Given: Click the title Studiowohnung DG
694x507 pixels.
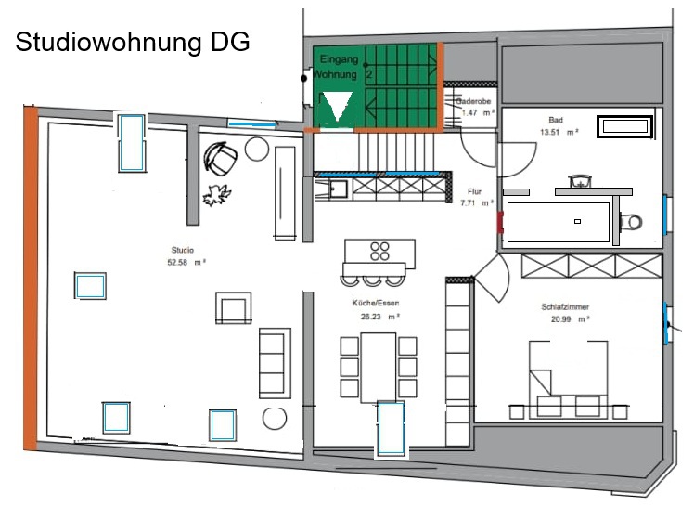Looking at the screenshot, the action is [133, 43].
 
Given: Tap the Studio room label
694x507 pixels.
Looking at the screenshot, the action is [183, 250].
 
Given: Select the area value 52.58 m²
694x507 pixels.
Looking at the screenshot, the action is [186, 263].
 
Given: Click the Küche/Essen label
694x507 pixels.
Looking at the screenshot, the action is [376, 304].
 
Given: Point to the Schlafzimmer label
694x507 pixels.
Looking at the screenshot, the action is [565, 306].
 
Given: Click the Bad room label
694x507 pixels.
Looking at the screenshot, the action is [556, 120].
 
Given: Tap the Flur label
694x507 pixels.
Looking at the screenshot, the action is [474, 191].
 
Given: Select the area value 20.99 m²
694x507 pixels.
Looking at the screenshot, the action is [570, 319].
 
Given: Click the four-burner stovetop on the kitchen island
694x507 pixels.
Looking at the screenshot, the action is [379, 251].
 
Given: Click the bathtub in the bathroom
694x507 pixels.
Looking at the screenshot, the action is [624, 126].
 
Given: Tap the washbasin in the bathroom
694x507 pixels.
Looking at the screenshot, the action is [580, 182].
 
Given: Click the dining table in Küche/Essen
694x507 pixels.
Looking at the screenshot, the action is [379, 368].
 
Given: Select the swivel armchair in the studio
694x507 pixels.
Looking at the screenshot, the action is [220, 157].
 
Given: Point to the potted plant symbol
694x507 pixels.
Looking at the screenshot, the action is [217, 195].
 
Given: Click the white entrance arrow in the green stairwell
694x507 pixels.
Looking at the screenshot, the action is [338, 106].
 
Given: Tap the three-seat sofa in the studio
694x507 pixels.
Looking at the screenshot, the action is [275, 363].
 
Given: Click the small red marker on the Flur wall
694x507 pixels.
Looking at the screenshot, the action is [500, 222].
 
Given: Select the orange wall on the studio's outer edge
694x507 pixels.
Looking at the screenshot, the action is [31, 279].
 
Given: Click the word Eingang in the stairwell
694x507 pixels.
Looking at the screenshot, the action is [339, 59].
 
